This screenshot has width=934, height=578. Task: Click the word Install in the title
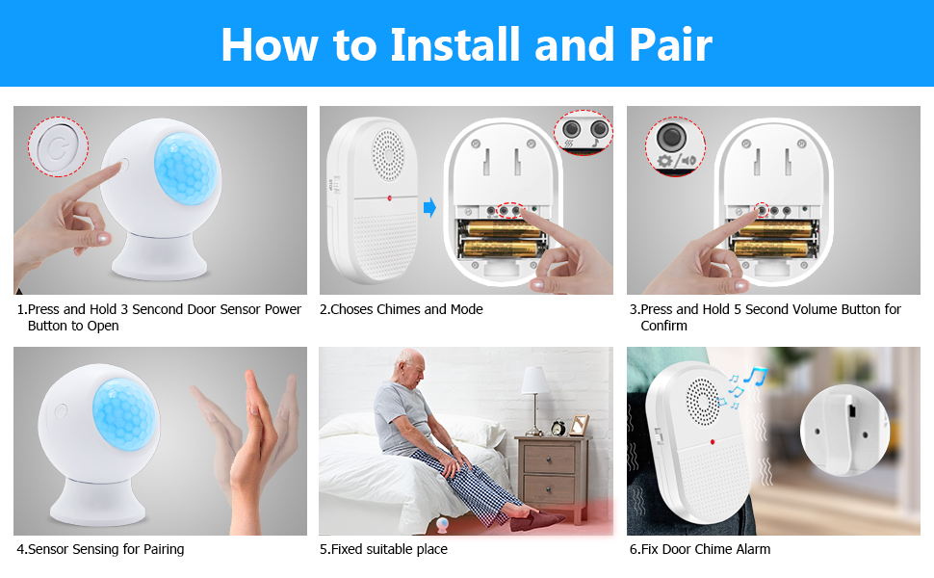[455, 44]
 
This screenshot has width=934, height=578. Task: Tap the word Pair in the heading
[670, 44]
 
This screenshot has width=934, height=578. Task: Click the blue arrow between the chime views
[429, 207]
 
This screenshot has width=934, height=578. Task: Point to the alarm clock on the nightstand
[558, 428]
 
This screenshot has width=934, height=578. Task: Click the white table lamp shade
[535, 381]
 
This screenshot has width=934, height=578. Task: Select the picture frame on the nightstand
[579, 425]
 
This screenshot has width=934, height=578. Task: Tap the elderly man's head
[411, 365]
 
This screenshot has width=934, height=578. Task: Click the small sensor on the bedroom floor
[443, 525]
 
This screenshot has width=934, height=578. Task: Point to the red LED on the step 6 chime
[713, 442]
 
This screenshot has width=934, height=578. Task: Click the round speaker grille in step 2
[388, 155]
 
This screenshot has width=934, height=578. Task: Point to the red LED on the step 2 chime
[390, 197]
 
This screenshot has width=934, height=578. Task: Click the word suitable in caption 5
[393, 549]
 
